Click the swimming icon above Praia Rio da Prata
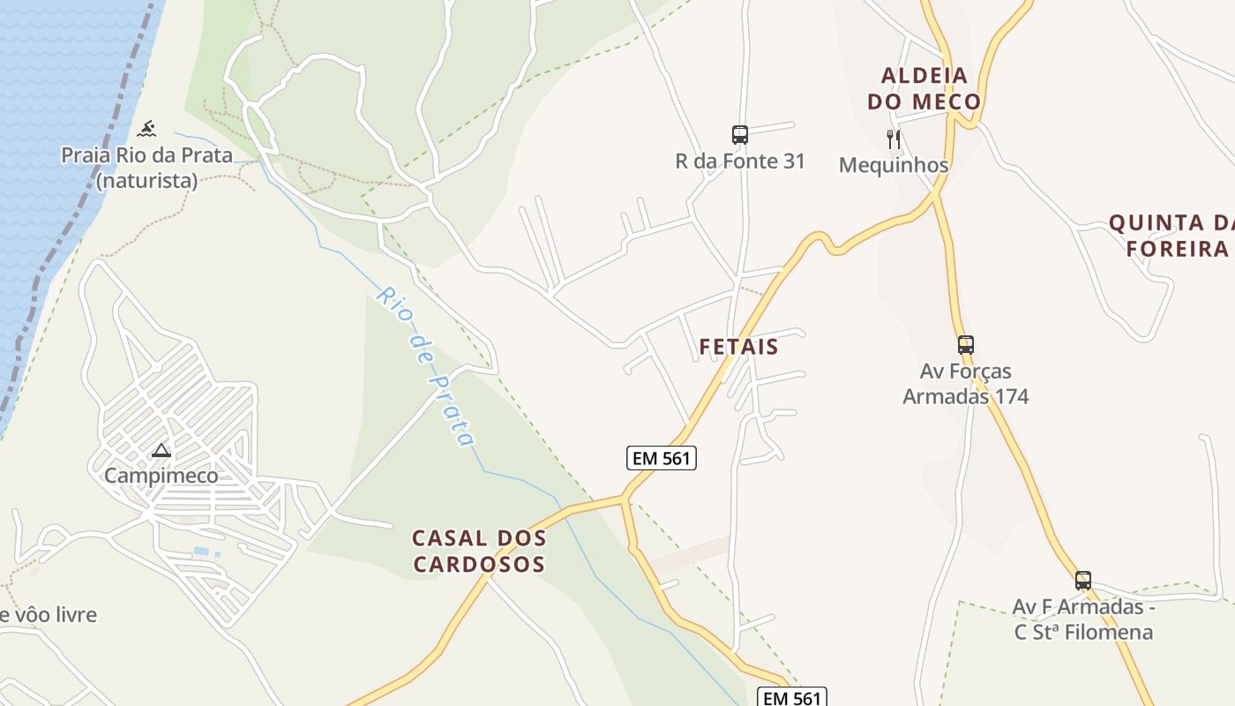tap(148, 129)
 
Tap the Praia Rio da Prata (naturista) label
tap(146, 168)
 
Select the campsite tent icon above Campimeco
tap(161, 451)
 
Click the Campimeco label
tap(161, 476)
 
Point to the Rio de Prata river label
tap(425, 366)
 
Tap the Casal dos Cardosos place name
tap(479, 551)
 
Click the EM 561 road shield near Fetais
tap(662, 458)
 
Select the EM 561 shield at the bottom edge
tap(792, 697)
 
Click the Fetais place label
tap(738, 347)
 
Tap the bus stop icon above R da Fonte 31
tap(740, 134)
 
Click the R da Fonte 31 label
tap(740, 161)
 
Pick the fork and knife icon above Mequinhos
tap(894, 139)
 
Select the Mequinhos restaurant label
tap(894, 165)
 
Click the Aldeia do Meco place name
tap(924, 88)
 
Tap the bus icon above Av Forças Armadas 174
tap(966, 344)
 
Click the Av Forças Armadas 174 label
tap(966, 383)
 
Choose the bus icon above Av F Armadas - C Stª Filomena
tap(1083, 581)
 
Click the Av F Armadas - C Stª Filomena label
tap(1083, 620)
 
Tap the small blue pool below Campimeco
tap(202, 552)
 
